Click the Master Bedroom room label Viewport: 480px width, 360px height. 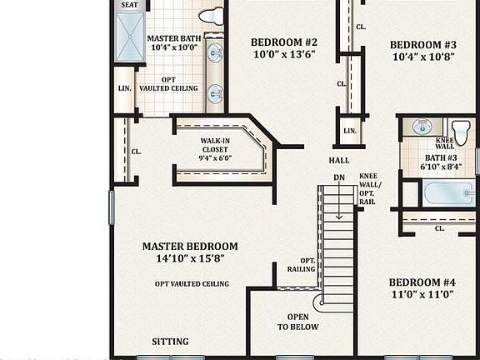(189, 247)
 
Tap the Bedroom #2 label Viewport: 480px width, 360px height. (284, 42)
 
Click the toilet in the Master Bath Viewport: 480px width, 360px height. (212, 15)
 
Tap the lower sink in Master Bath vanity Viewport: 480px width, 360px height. (214, 92)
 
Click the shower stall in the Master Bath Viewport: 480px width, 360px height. (129, 37)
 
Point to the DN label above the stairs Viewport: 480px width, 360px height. (339, 177)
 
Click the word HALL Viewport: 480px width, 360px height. (339, 160)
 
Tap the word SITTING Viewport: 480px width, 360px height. (170, 342)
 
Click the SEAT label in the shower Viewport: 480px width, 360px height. (129, 5)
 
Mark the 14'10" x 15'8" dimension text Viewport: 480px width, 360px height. (189, 259)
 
